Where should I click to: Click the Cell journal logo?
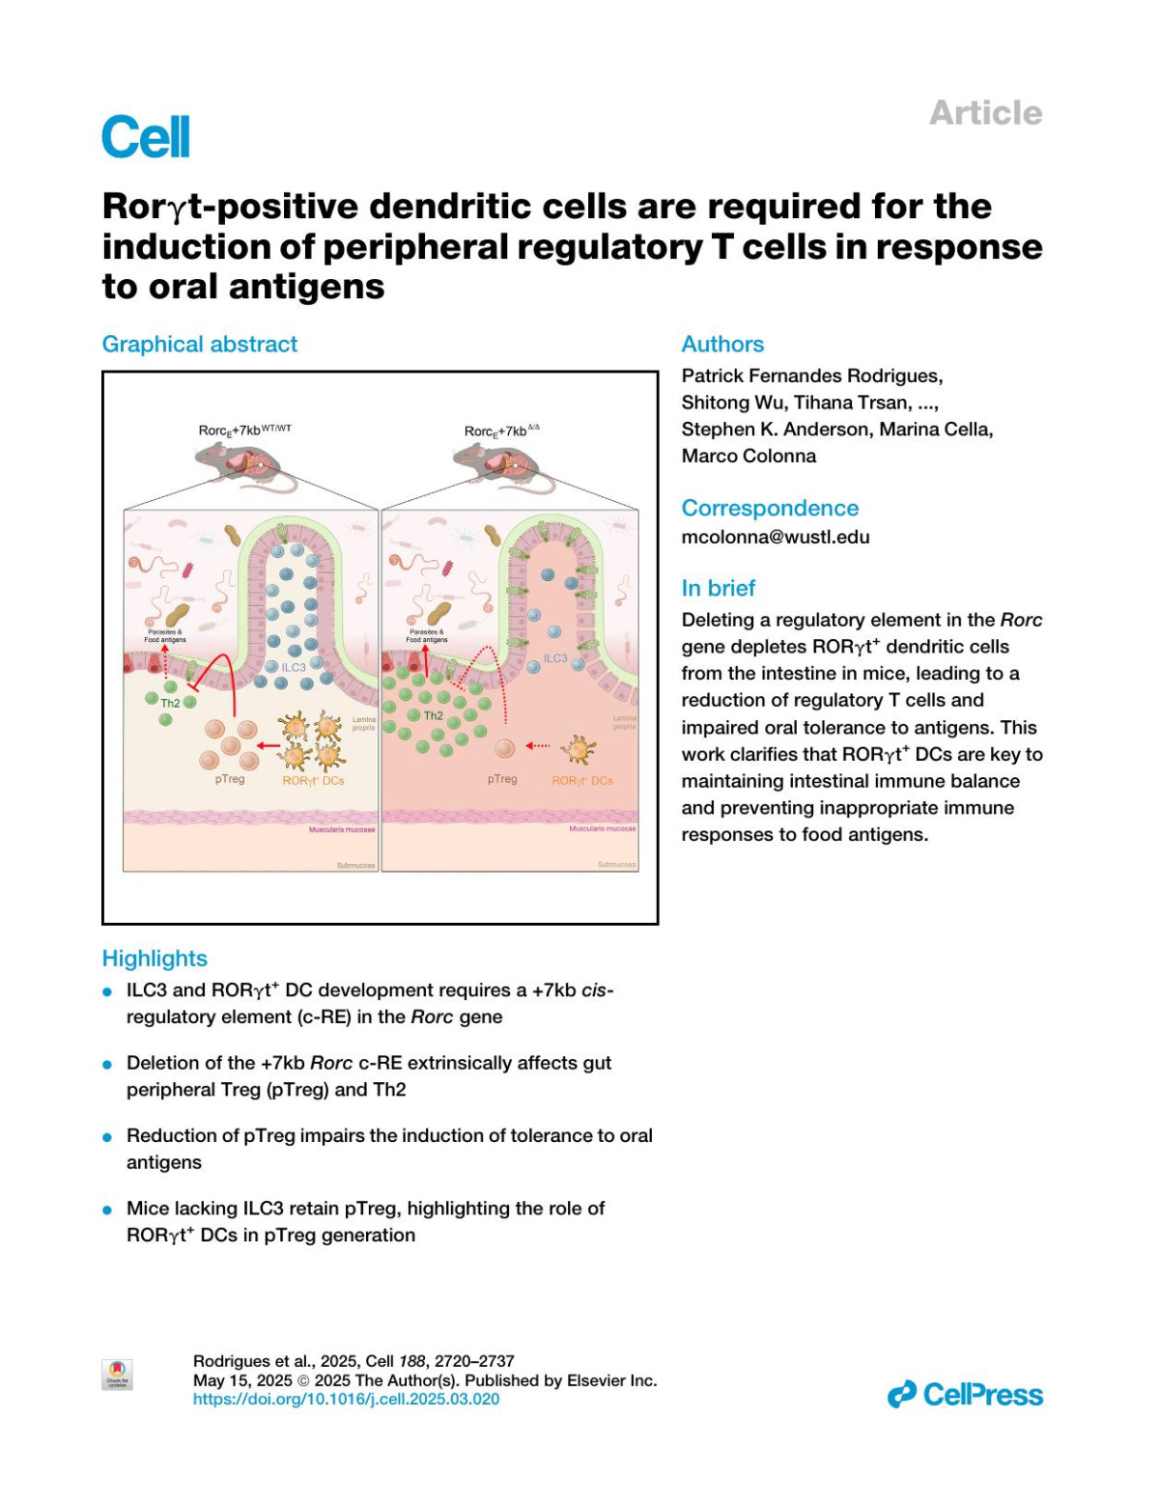click(146, 136)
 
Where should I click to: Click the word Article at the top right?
click(985, 113)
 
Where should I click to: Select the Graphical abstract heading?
click(200, 344)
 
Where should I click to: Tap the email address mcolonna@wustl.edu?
click(776, 537)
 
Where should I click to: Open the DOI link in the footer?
click(346, 1399)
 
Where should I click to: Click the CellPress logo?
click(965, 1394)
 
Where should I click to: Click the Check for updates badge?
click(117, 1374)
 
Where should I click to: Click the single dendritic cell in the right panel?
click(579, 749)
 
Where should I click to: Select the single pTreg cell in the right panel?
click(504, 748)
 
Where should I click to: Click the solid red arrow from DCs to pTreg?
click(268, 745)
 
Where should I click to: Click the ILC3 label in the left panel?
click(293, 667)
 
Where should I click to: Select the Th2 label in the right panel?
click(433, 715)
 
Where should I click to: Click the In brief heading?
click(718, 588)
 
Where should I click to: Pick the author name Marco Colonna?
click(749, 456)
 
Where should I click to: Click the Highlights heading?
click(155, 958)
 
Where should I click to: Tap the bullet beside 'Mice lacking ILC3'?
click(107, 1210)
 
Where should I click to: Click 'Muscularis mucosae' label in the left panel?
click(342, 829)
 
